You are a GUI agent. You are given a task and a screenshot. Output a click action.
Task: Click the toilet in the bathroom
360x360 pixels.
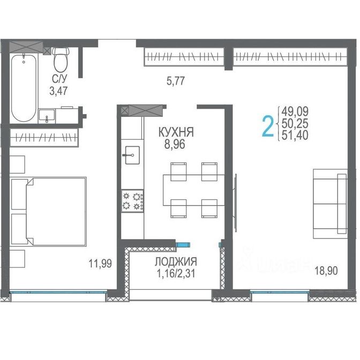[61, 59]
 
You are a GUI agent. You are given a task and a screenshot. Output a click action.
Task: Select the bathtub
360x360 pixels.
[24, 88]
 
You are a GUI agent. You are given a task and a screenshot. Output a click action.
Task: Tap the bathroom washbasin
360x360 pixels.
[47, 116]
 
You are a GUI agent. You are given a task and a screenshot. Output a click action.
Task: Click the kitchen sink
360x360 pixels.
[132, 155]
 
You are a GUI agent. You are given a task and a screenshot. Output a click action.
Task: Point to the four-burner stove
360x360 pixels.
[132, 201]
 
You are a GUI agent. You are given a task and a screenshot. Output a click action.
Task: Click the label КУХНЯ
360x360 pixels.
[176, 132]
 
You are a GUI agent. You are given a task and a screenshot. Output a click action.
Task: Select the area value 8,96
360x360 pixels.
[175, 145]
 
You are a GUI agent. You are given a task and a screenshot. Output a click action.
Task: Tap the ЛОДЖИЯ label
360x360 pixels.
[176, 261]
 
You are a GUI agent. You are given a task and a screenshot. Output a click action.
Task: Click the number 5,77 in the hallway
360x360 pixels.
[176, 81]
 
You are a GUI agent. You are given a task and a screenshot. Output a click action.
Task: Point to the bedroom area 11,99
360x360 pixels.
[100, 264]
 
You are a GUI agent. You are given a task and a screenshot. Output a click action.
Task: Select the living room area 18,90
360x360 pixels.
[326, 271]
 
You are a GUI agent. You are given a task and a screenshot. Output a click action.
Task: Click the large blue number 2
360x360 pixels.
[268, 126]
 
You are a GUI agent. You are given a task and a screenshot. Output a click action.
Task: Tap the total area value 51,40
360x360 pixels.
[295, 135]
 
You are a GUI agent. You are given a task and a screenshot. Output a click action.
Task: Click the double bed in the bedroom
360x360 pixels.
[49, 212]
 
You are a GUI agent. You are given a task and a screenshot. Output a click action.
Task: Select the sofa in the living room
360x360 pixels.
[330, 204]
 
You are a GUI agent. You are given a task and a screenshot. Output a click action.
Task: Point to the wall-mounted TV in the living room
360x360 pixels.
[236, 202]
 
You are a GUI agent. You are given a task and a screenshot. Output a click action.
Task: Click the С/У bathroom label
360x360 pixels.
[59, 79]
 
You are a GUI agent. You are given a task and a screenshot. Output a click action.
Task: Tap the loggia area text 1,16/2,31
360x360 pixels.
[176, 273]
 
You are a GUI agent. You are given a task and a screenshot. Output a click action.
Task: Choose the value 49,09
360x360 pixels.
[295, 111]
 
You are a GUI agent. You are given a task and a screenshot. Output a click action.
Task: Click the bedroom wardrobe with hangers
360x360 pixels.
[44, 138]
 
